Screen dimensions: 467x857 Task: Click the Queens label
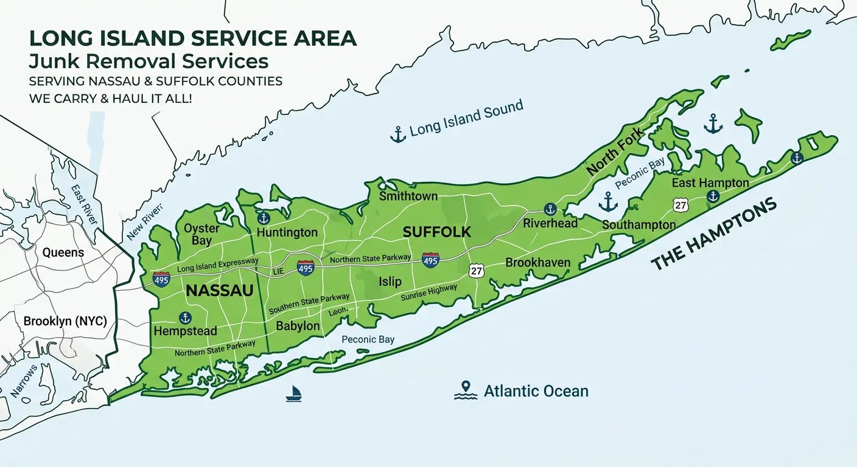(x=63, y=252)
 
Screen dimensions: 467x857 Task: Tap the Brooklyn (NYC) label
(x=65, y=321)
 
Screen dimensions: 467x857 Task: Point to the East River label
(x=84, y=206)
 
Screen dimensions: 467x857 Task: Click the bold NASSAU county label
(x=219, y=291)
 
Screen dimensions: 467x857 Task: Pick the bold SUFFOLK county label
(x=437, y=232)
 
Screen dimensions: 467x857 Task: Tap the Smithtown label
(x=408, y=196)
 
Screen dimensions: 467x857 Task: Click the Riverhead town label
(x=550, y=223)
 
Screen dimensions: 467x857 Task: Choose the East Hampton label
(x=710, y=182)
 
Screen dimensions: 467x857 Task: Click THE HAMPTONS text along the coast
(x=715, y=234)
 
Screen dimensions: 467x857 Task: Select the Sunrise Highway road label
(x=428, y=293)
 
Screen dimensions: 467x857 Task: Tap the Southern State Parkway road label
(x=309, y=302)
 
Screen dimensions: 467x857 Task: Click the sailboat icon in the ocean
(x=294, y=393)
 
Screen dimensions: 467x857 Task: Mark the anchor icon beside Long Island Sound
(x=397, y=134)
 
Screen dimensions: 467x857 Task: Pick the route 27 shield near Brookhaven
(x=476, y=271)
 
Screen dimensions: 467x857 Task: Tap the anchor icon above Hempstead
(x=186, y=317)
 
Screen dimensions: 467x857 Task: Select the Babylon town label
(x=298, y=326)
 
